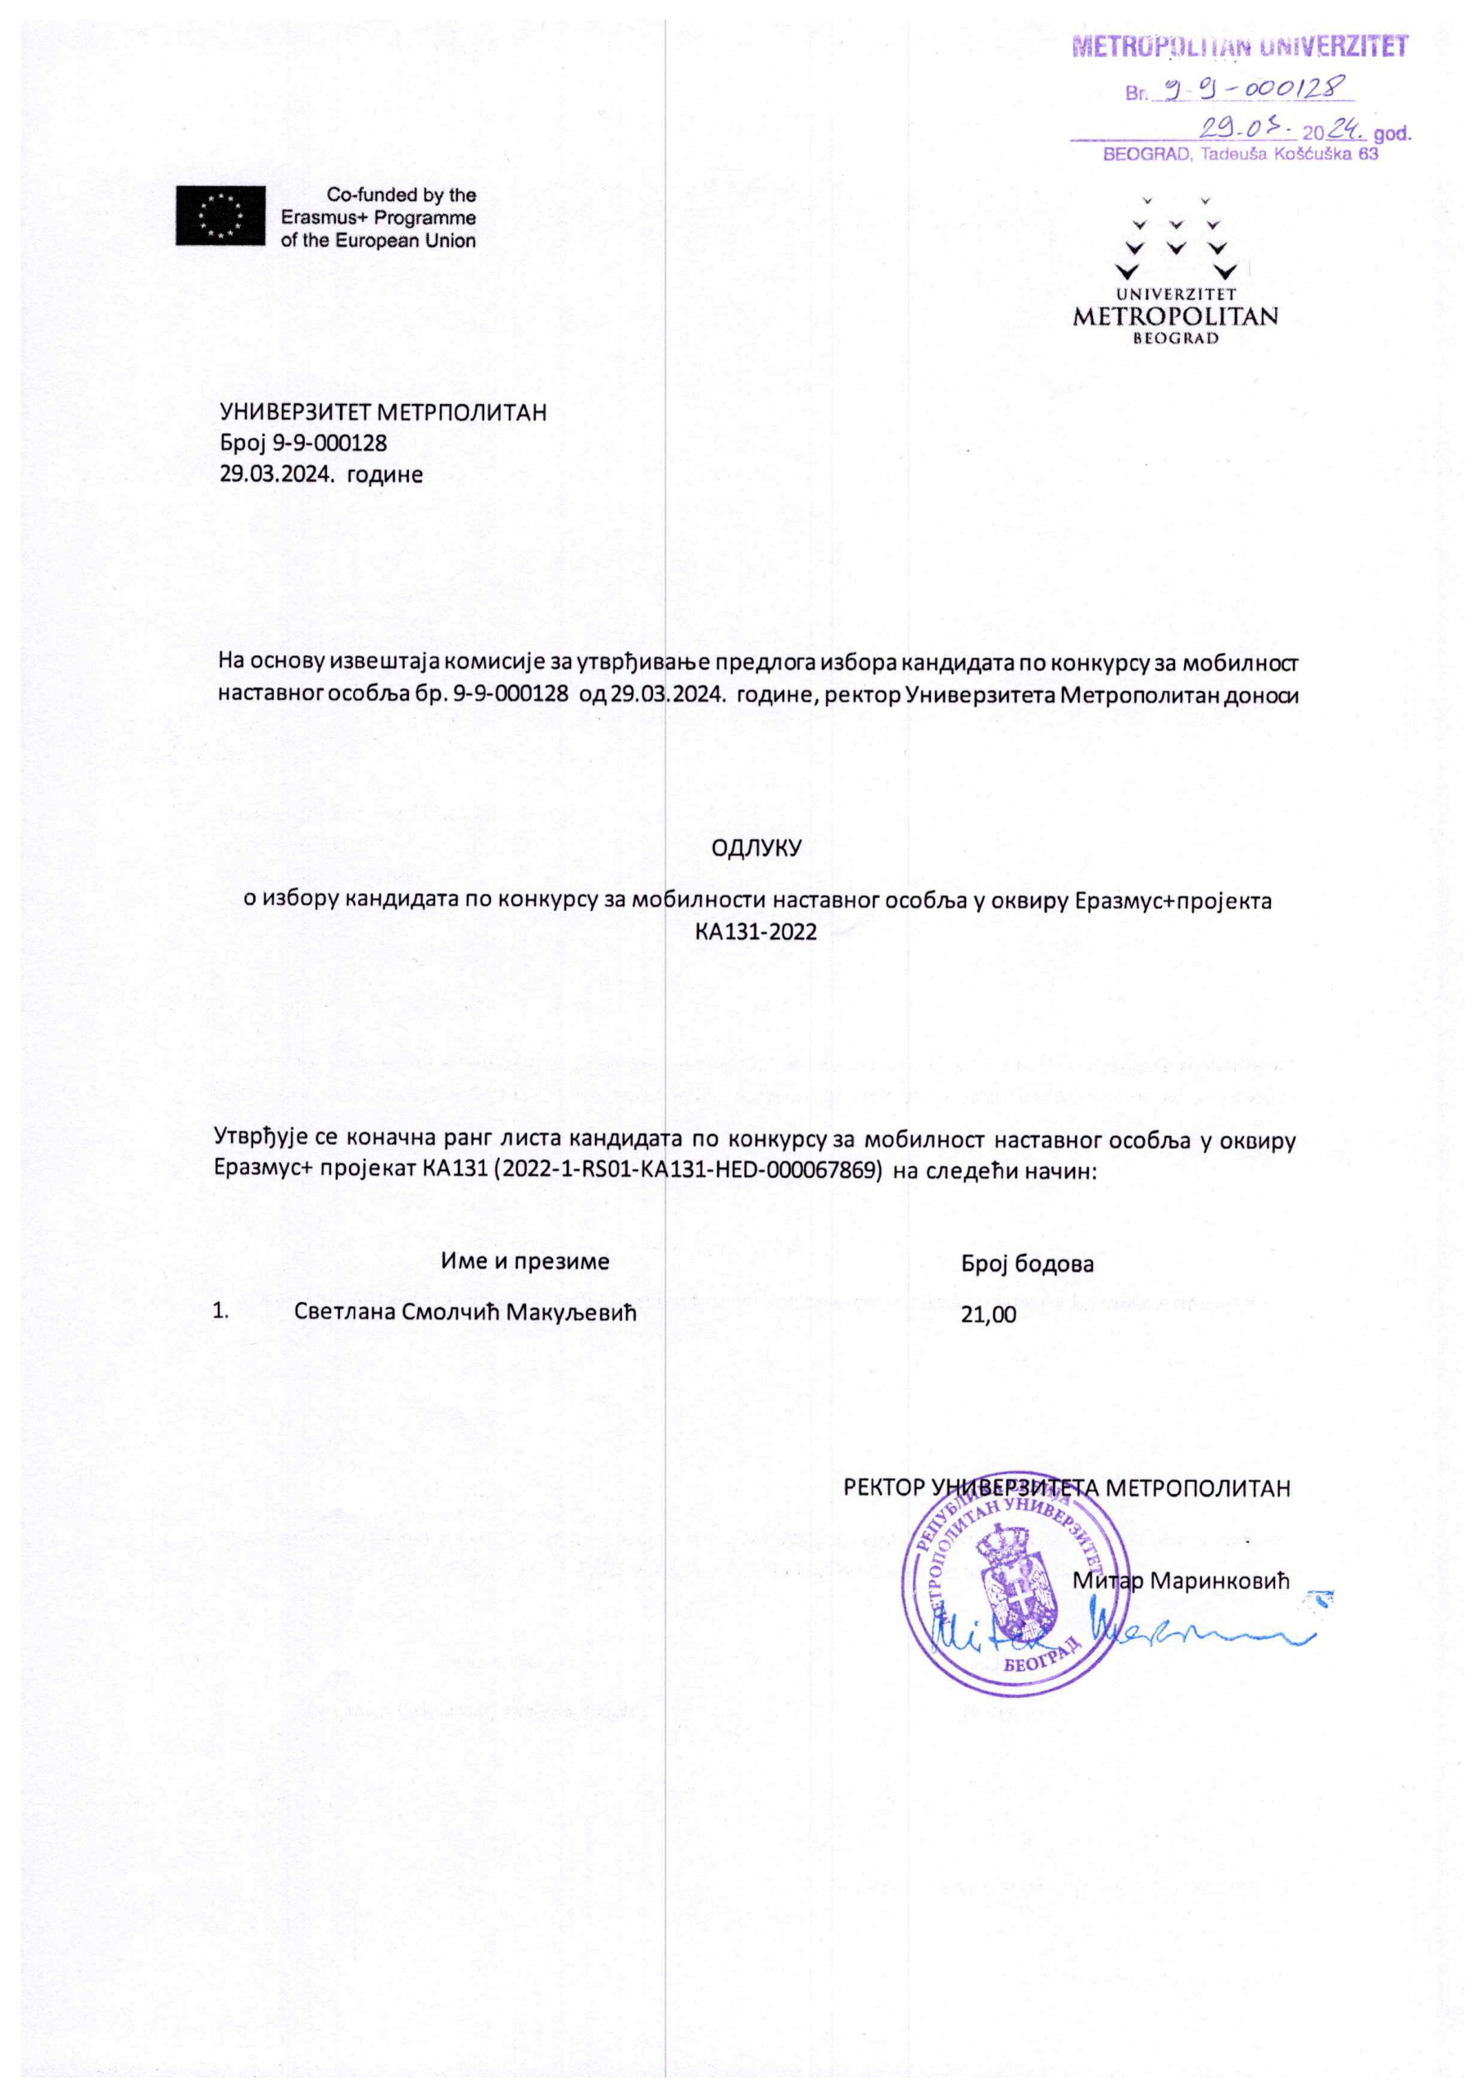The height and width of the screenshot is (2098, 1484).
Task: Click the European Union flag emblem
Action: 220,215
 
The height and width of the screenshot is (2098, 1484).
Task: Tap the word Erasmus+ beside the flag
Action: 324,218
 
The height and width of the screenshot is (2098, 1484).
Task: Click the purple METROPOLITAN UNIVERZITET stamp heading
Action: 1238,47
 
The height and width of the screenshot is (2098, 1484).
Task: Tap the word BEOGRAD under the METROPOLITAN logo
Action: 1175,338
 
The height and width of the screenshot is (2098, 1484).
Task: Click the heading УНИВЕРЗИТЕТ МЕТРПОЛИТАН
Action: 383,412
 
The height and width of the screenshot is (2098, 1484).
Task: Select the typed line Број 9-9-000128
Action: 303,443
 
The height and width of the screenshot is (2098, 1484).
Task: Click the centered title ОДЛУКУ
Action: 756,847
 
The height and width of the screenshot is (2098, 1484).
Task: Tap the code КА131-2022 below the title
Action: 756,932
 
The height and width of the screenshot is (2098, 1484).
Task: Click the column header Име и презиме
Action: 524,1261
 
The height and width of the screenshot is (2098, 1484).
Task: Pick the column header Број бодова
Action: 1027,1264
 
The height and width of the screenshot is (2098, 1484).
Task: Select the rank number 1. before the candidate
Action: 220,1311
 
